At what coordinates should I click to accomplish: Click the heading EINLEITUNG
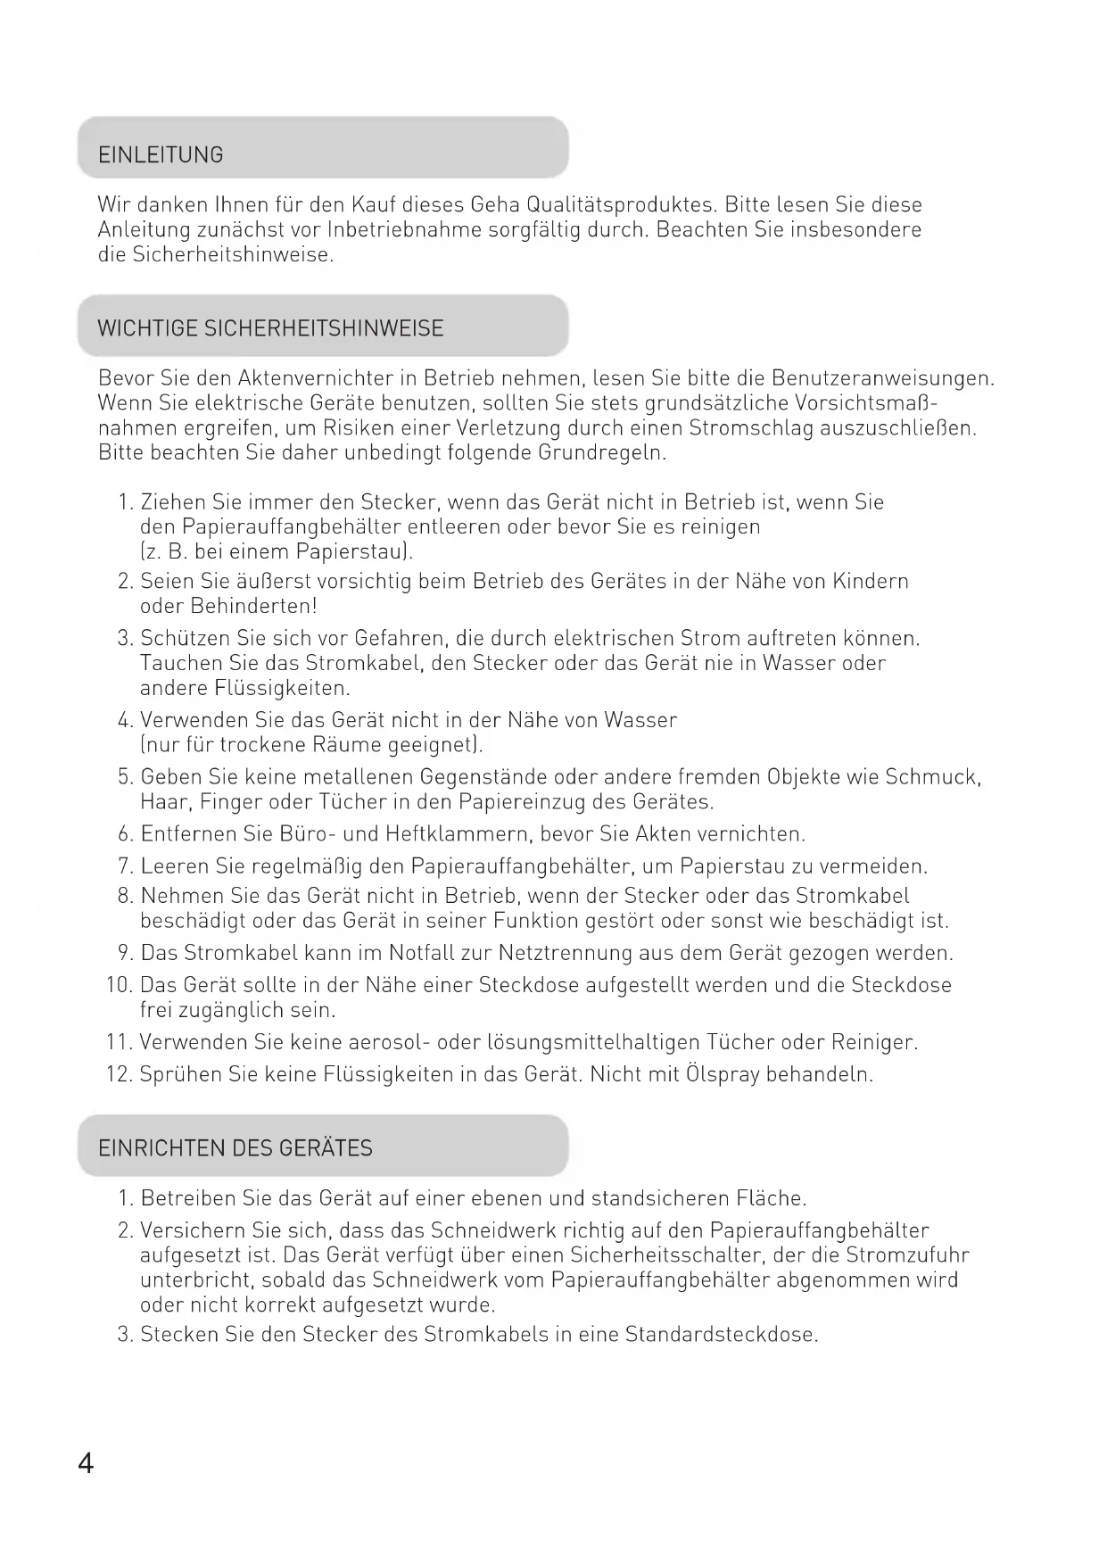(x=161, y=155)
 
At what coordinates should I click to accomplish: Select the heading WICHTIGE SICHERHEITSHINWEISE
(x=270, y=328)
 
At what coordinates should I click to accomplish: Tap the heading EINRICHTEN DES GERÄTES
(x=235, y=1148)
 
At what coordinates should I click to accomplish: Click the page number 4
(x=86, y=1464)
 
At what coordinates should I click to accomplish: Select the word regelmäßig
(x=305, y=866)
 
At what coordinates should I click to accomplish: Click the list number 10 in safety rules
(x=119, y=985)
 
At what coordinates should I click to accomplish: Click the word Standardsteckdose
(x=721, y=1335)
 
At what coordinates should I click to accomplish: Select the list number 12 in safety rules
(x=119, y=1074)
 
